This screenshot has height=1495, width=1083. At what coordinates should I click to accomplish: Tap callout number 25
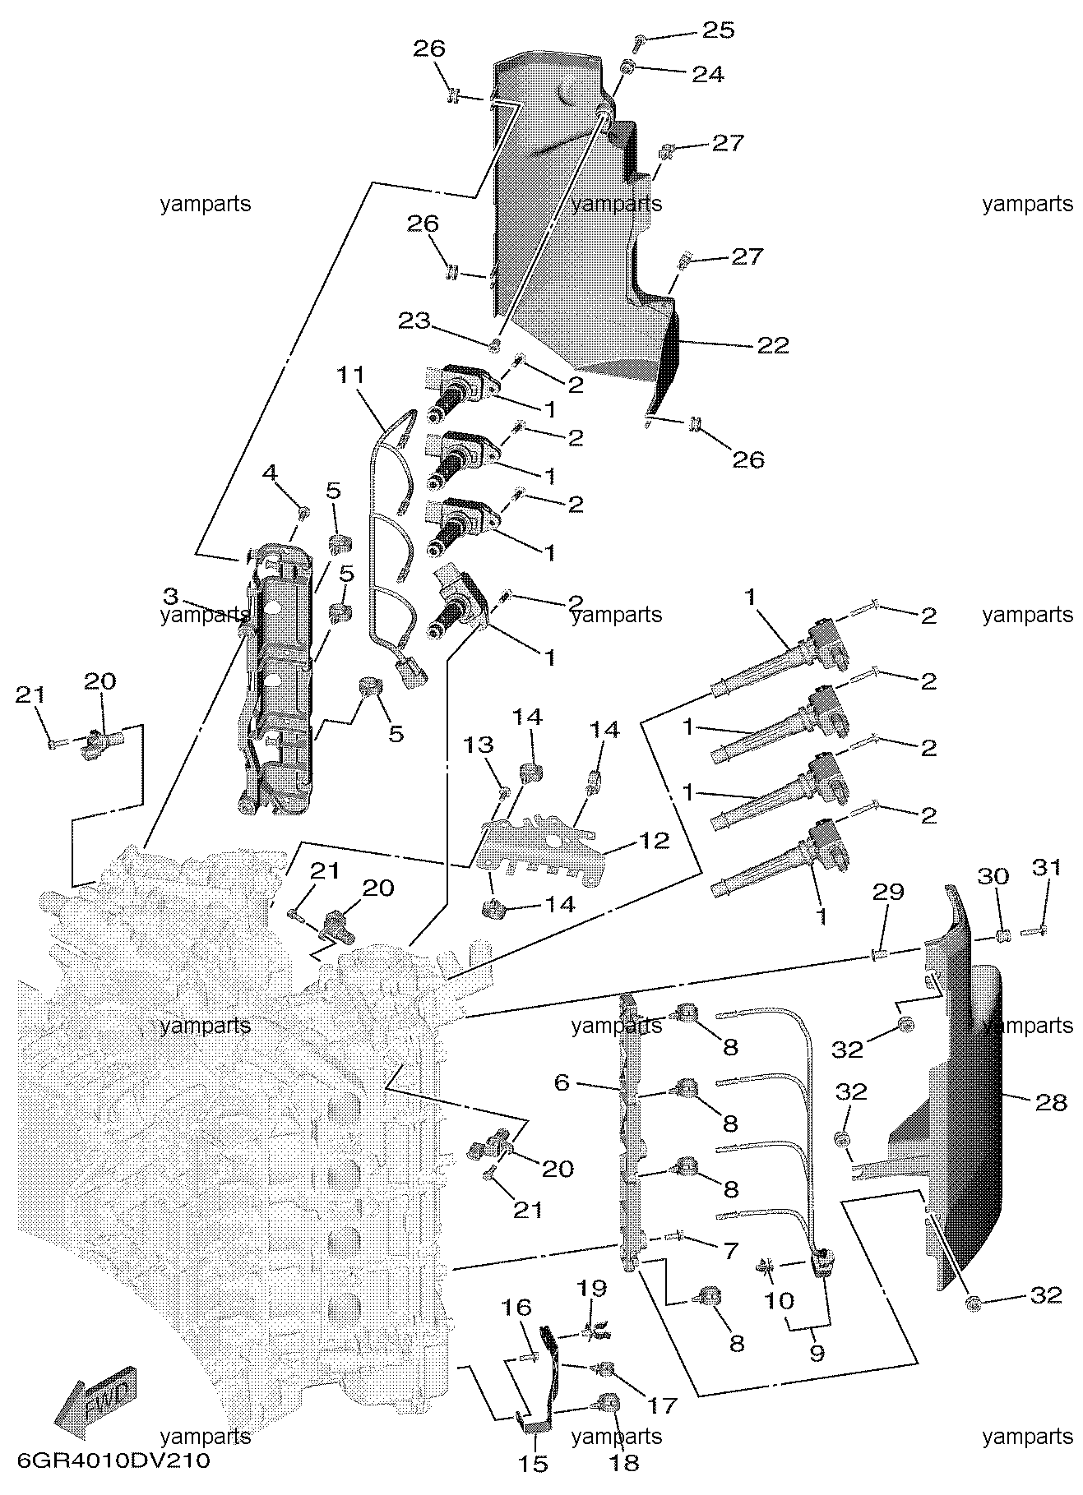coord(716,30)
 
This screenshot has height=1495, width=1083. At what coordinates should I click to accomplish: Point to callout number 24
coord(708,75)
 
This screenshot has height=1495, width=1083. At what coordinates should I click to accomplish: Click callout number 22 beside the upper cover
coord(773,345)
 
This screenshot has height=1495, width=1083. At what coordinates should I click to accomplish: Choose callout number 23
coord(414,320)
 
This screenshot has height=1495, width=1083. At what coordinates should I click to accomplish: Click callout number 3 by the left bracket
coord(170,594)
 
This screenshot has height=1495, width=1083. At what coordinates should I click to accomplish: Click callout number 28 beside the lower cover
coord(1051,1101)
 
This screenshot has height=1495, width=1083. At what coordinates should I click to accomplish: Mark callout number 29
coord(889,892)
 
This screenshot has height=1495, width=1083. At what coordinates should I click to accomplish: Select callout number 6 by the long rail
coord(562,1082)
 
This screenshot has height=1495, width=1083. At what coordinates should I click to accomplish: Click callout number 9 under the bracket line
coord(817,1353)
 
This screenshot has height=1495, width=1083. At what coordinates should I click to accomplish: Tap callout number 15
coord(535,1463)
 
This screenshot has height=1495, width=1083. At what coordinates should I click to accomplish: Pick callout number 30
coord(993,876)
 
